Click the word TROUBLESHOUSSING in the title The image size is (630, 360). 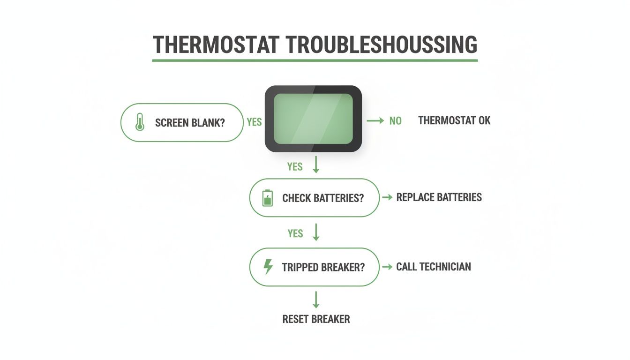tap(381, 45)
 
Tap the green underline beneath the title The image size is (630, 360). tap(315, 60)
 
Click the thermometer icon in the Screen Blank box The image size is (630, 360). tap(139, 122)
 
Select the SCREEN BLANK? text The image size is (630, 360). tap(190, 123)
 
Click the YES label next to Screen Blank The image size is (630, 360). tap(254, 122)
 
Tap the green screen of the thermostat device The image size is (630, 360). tap(313, 119)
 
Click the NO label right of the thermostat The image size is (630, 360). tap(395, 121)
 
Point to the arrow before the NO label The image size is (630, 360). tap(375, 121)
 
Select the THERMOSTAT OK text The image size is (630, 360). tap(454, 120)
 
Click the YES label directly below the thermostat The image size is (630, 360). tap(295, 166)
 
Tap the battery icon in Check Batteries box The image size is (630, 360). tap(267, 198)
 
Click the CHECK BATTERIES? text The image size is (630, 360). tap(322, 198)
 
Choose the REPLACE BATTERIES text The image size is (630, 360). tap(439, 197)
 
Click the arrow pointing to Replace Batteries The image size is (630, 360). tap(387, 197)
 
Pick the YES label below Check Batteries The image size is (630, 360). tap(295, 233)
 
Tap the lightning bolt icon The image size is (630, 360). tap(268, 267)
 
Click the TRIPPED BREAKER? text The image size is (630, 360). tap(323, 267)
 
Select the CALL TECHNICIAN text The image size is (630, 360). tap(433, 267)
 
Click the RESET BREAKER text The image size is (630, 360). tap(316, 319)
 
